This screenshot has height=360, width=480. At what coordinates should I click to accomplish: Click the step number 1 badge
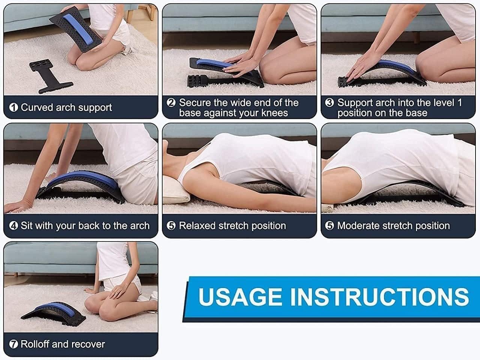tap(13, 108)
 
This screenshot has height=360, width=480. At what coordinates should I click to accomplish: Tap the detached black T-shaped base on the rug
tap(48, 75)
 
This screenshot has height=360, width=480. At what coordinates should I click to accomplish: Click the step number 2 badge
tap(171, 103)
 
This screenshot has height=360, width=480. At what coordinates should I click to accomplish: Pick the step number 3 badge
tap(329, 103)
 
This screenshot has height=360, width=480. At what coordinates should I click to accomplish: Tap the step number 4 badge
tap(13, 226)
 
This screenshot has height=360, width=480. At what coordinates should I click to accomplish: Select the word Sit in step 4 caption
tap(26, 226)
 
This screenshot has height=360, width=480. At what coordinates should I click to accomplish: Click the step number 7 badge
tap(13, 344)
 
